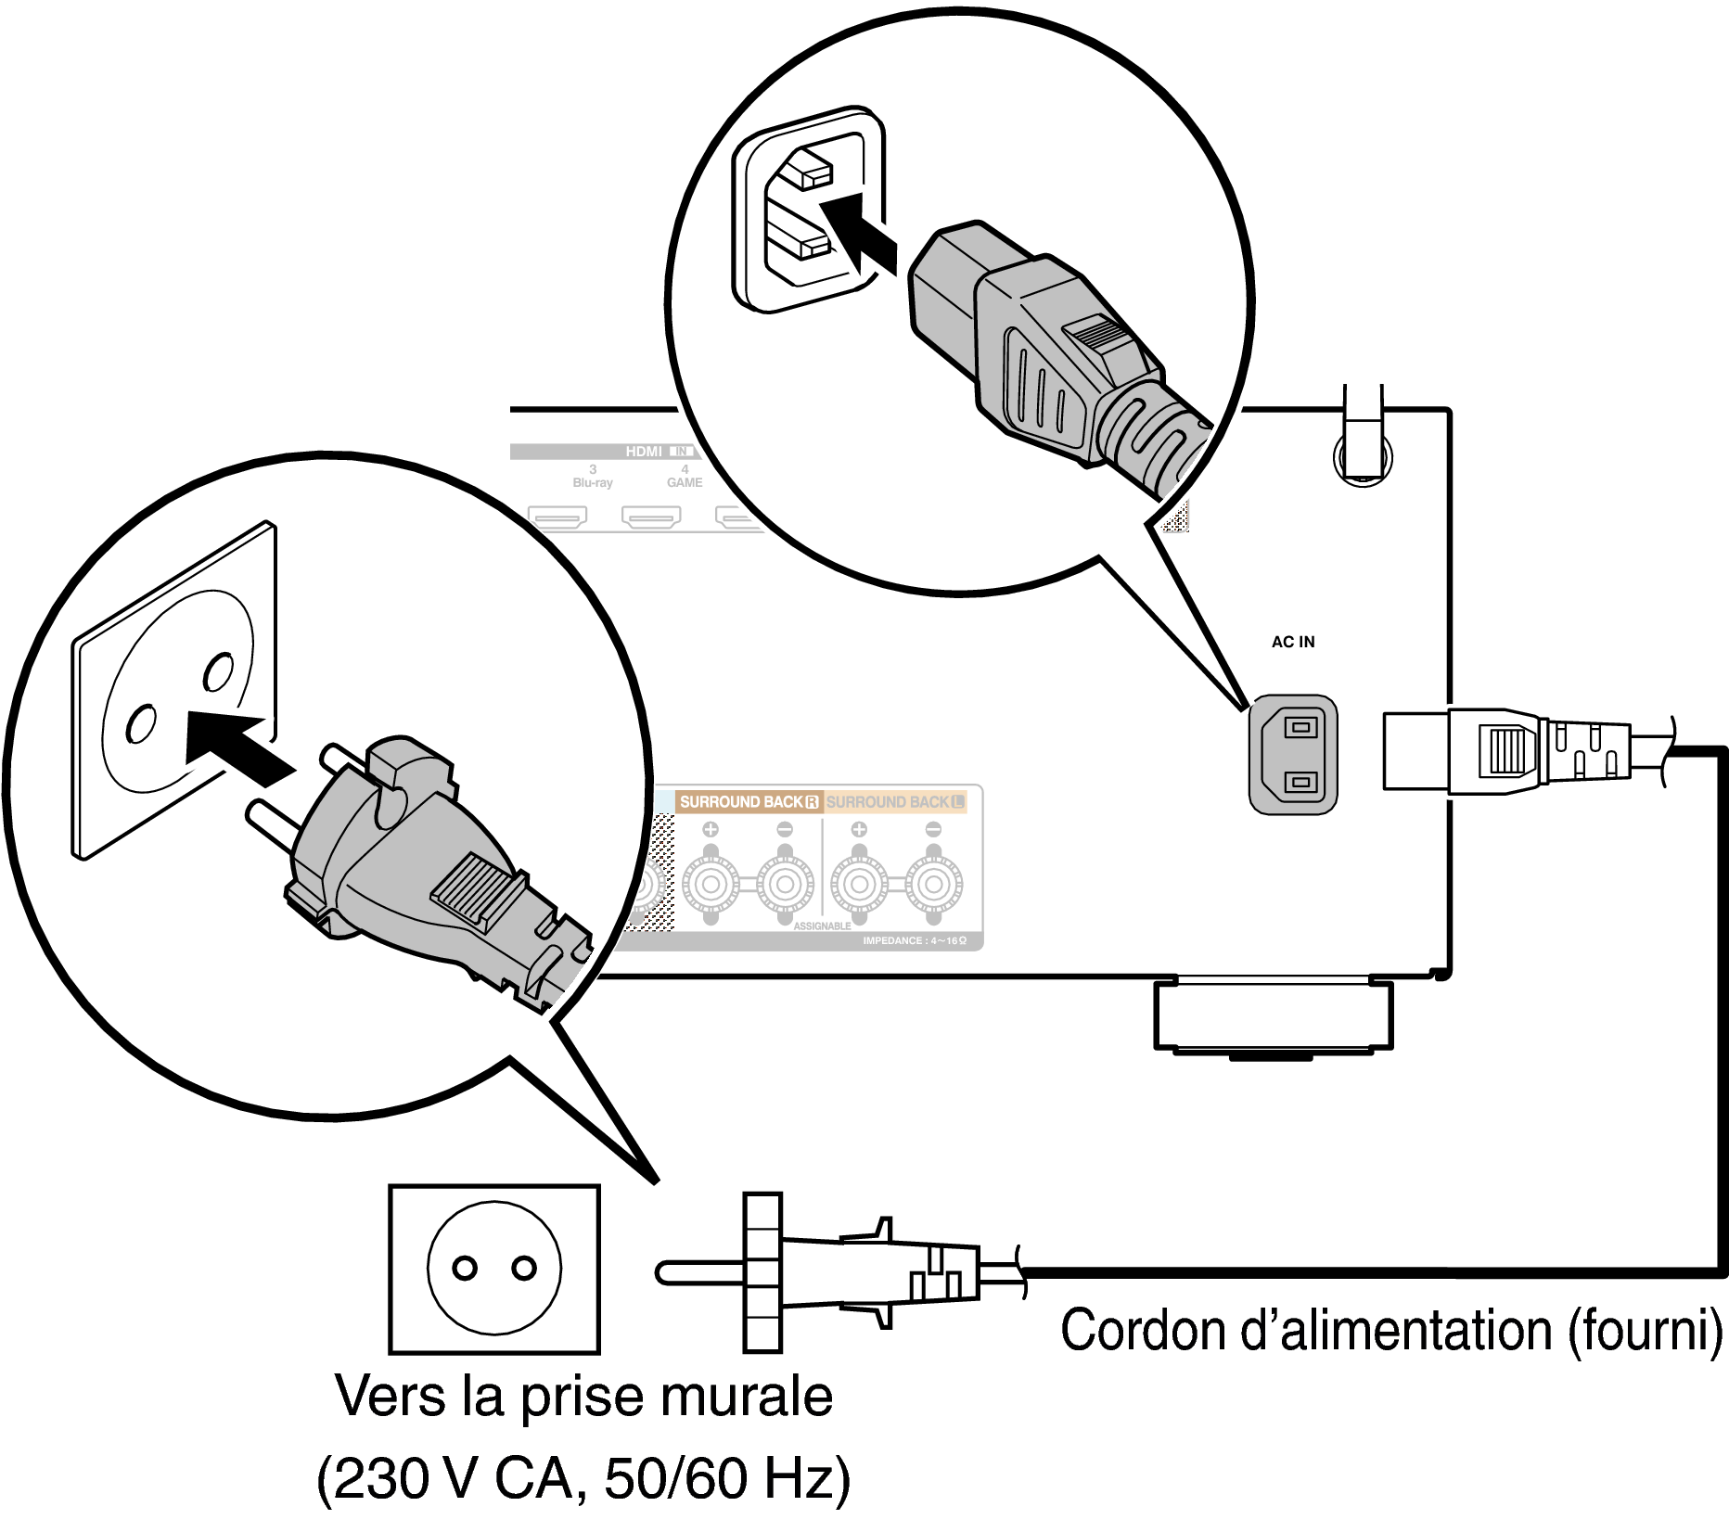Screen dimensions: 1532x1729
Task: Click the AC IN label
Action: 1292,642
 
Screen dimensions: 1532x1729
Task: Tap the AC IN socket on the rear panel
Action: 1293,755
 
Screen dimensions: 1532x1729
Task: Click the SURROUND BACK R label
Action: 749,801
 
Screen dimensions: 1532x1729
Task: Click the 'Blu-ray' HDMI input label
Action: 593,482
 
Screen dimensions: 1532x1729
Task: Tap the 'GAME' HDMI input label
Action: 685,482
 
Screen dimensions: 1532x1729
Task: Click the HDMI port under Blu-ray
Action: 557,516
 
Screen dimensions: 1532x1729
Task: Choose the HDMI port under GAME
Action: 651,516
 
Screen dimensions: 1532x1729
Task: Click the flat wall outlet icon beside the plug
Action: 494,1269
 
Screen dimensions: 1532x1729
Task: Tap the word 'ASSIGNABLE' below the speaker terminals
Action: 822,926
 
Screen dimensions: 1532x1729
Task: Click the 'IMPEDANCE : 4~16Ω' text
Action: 914,940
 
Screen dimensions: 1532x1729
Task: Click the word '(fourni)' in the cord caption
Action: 1645,1331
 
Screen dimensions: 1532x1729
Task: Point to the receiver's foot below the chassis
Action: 1273,1016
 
